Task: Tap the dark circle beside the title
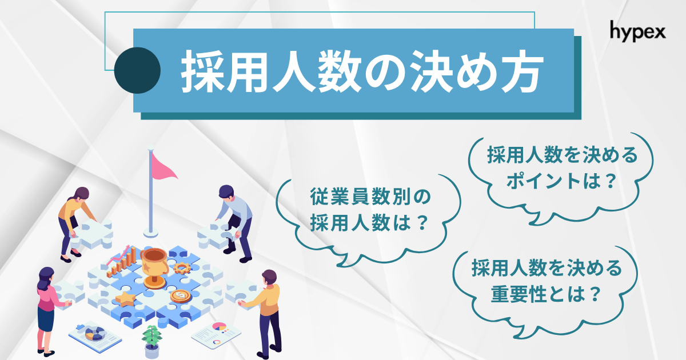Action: point(137,70)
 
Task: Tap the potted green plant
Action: point(151,341)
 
